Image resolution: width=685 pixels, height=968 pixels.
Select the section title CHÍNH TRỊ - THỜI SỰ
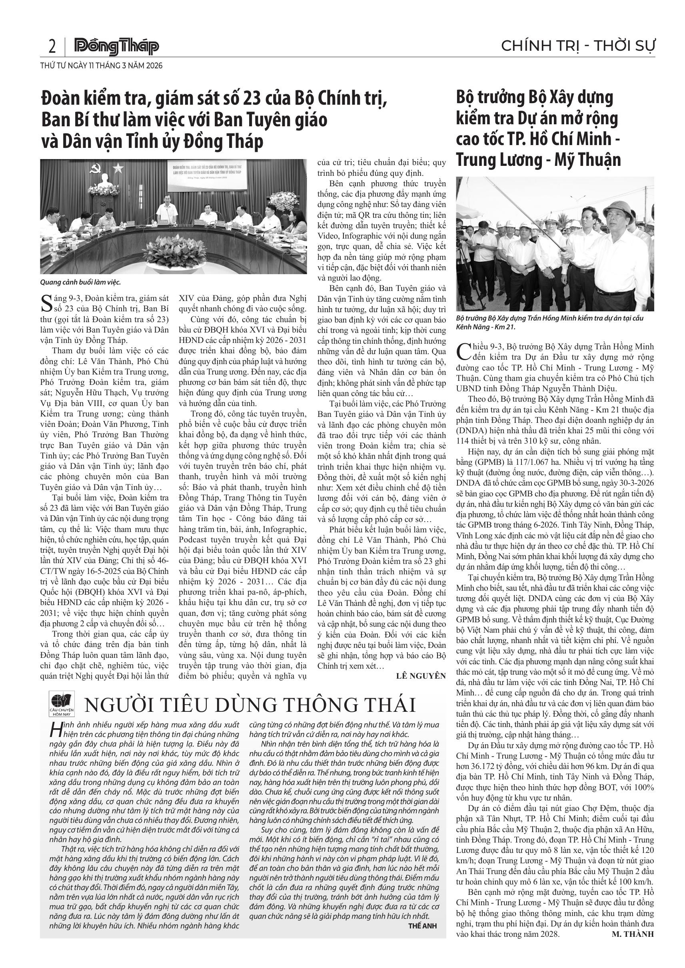coord(578,46)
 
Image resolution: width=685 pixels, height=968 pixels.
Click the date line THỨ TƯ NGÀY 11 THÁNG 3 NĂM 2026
coord(101,66)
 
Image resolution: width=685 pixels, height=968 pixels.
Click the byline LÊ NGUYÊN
coord(421,676)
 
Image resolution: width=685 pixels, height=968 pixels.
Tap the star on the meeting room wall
coord(118,169)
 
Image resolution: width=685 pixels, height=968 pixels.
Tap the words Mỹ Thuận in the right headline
coord(587,160)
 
